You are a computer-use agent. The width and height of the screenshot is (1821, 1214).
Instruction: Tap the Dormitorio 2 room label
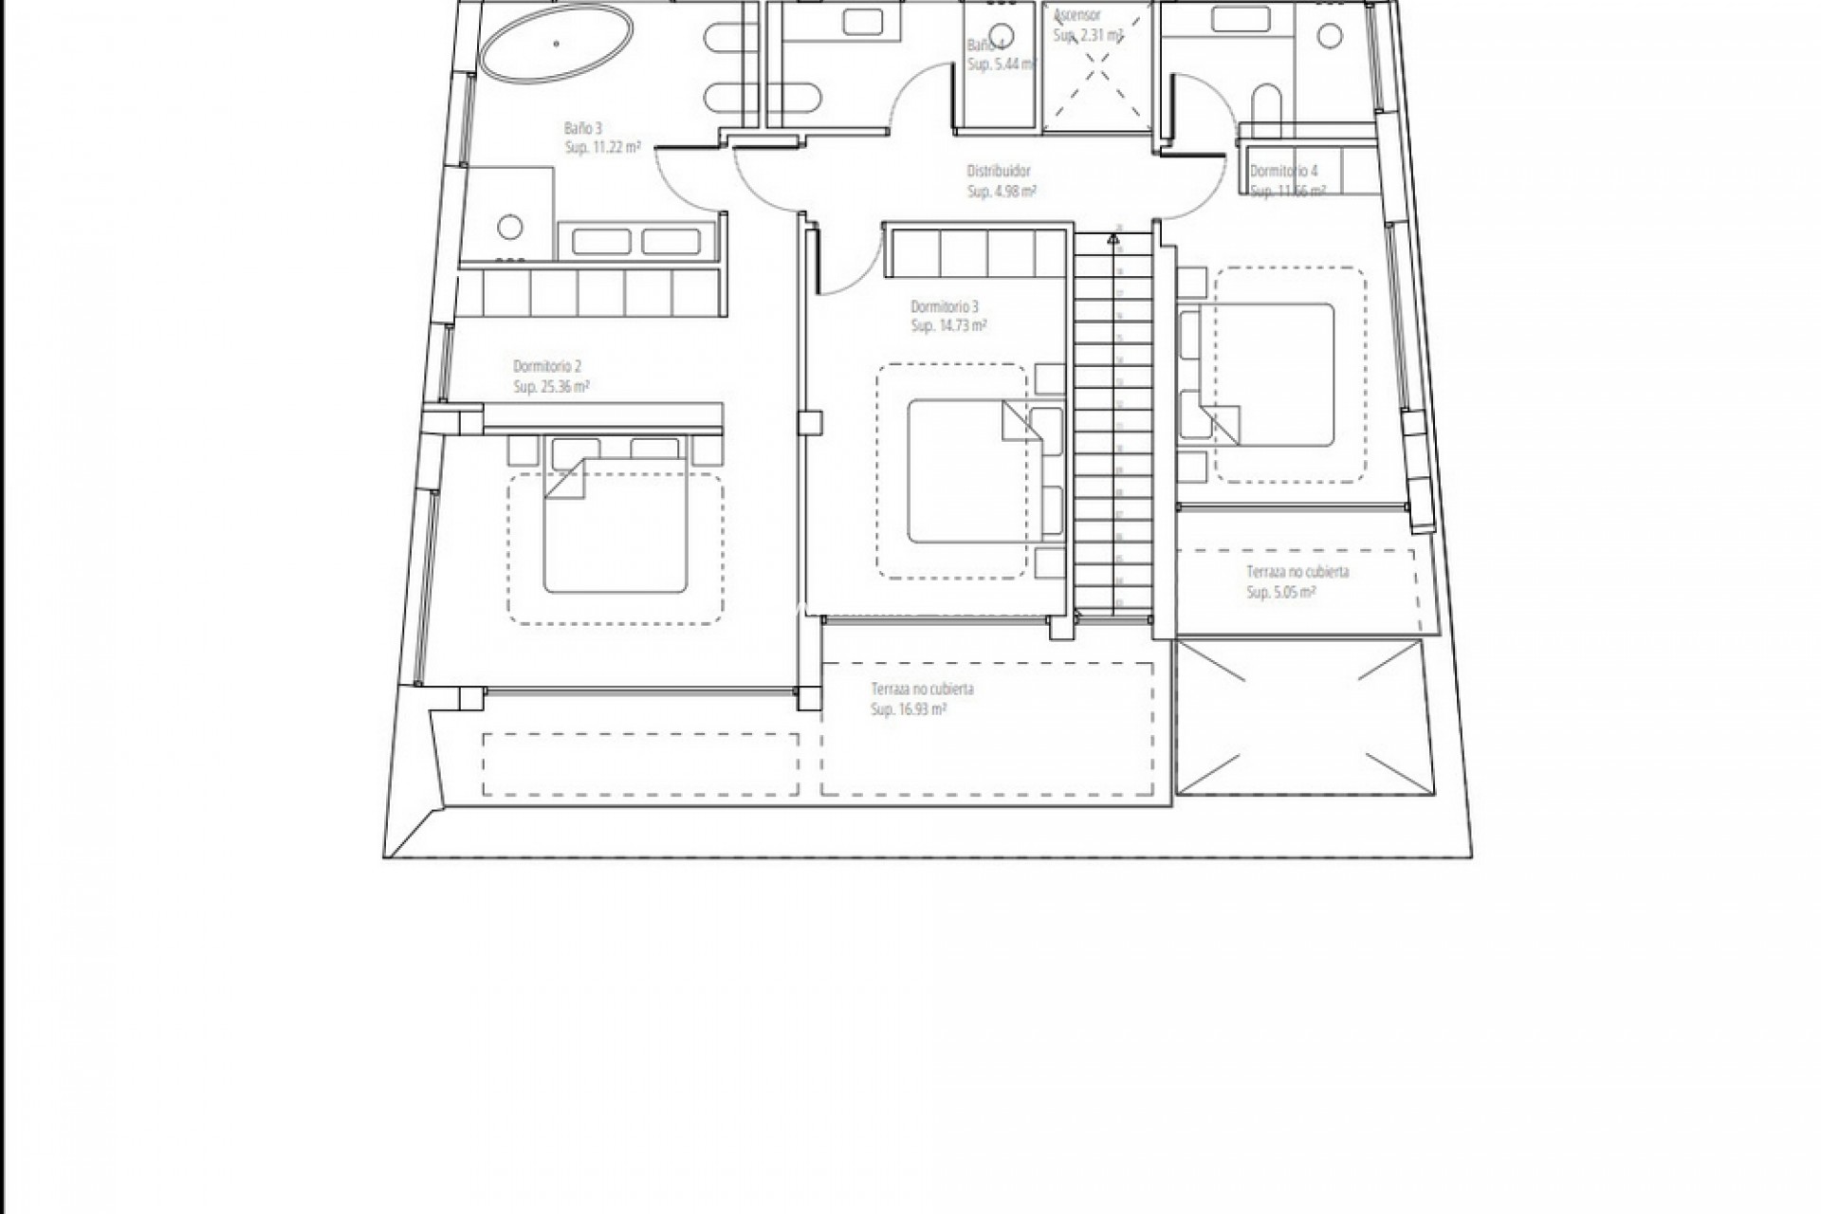547,366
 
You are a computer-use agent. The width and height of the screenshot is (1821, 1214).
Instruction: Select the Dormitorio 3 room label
945,306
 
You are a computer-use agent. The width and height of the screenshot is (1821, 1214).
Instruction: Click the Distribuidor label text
999,172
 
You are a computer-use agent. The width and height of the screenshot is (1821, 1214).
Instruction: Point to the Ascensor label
1076,16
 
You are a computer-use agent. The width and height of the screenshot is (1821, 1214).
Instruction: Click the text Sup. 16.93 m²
909,709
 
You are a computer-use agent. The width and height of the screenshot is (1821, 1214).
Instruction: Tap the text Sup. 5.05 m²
1281,593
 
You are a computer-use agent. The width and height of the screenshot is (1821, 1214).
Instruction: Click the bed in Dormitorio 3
967,471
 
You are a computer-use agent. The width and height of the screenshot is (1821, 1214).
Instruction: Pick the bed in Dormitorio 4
1266,375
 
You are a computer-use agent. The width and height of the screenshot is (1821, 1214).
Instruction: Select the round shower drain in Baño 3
510,227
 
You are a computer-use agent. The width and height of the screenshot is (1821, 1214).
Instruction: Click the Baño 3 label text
583,128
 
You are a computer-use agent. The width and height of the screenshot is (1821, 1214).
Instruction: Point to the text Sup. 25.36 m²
552,387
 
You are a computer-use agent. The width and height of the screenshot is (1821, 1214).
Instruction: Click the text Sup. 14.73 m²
948,326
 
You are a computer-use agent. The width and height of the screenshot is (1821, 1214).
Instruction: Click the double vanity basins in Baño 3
636,241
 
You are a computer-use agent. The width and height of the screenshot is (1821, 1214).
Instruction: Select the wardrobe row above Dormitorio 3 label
976,252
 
